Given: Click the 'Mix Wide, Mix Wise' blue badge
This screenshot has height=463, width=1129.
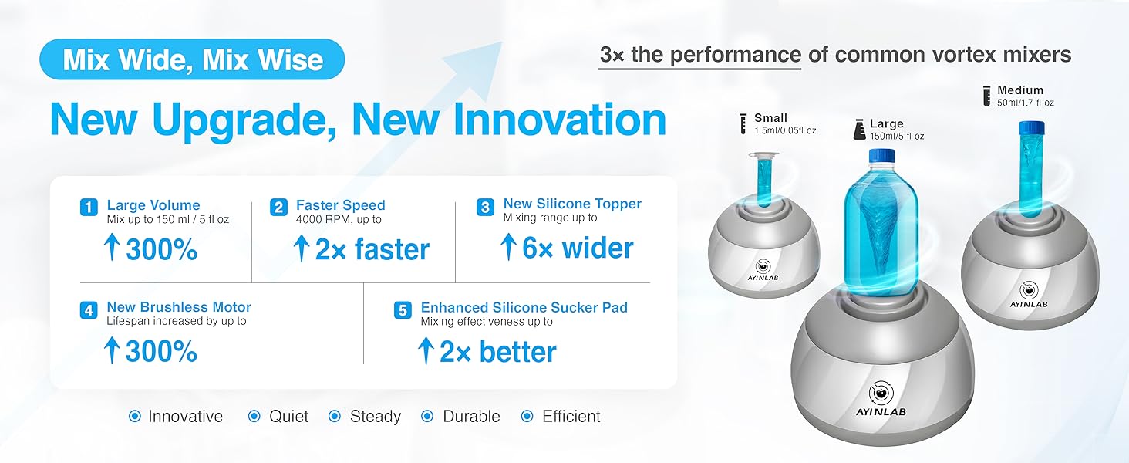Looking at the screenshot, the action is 192,59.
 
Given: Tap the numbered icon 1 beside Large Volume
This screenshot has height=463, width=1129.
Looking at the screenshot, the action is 89,207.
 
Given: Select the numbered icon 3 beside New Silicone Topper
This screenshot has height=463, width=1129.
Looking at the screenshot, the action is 485,207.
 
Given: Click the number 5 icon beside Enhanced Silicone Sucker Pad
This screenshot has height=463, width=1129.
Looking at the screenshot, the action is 403,310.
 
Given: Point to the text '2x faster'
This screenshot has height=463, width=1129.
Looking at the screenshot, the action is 372,249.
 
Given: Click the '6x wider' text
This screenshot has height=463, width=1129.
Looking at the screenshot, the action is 578,248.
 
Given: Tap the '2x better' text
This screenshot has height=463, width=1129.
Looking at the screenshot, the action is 498,352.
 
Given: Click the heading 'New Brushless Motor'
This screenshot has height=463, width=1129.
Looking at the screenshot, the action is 179,306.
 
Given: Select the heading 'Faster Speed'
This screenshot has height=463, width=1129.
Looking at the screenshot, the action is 341,204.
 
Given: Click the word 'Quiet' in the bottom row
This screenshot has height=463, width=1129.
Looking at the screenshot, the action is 288,417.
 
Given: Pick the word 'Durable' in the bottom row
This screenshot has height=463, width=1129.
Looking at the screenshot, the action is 472,417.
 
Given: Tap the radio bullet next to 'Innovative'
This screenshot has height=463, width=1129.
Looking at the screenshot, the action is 135,416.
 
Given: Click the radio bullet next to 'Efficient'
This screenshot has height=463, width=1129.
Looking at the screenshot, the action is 527,416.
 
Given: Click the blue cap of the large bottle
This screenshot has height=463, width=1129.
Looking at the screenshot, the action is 882,154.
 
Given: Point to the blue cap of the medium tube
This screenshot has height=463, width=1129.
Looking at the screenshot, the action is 1031,128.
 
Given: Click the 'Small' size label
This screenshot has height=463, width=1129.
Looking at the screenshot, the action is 770,117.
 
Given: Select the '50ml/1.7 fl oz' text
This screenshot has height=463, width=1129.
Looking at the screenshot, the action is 1026,103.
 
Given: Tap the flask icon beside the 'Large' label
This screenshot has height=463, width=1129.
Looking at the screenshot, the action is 860,129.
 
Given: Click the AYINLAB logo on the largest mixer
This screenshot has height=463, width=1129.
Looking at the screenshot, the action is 881,399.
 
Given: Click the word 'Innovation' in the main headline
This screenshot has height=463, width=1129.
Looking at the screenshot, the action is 560,120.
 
